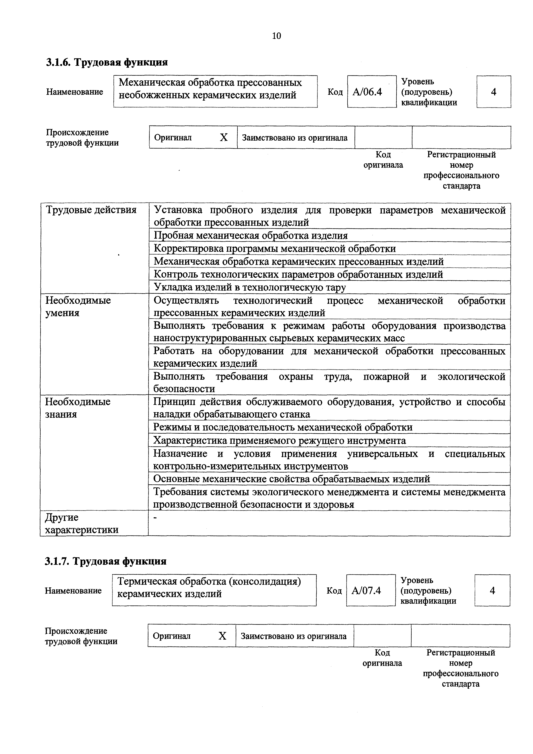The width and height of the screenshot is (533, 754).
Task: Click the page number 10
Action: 276,36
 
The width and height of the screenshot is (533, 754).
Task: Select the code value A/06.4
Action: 367,92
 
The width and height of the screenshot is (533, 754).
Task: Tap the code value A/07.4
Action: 366,591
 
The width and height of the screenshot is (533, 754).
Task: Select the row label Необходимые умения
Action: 78,306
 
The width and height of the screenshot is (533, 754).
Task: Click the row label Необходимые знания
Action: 78,408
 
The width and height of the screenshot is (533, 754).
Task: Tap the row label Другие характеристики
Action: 81,524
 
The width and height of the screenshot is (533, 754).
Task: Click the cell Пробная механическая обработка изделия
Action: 251,235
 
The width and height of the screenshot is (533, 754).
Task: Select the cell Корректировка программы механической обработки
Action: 275,249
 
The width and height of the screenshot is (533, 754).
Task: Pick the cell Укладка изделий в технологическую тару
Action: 250,287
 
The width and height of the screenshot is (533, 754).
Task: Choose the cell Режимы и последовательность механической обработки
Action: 283,427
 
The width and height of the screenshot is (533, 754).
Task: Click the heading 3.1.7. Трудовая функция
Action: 106,561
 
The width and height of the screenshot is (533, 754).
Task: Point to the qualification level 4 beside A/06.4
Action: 493,92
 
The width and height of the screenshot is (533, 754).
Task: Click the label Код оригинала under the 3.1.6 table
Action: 383,160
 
